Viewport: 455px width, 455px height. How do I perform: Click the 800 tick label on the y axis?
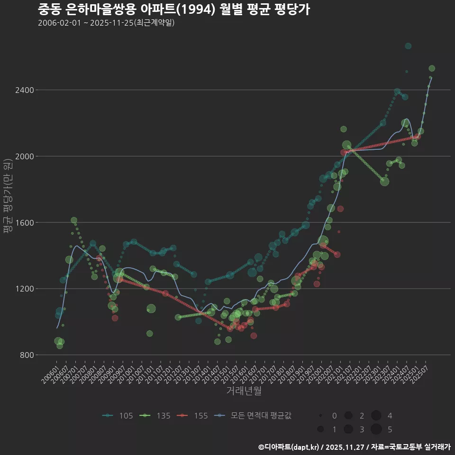click(27, 355)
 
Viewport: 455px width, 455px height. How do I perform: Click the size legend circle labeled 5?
click(376, 429)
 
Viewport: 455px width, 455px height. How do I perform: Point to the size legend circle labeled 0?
click(321, 416)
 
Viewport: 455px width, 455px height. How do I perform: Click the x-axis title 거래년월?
click(244, 391)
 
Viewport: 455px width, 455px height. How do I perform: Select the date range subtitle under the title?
click(106, 23)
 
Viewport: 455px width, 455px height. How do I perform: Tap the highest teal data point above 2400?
click(408, 46)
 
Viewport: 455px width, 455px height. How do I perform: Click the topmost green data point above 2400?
click(432, 68)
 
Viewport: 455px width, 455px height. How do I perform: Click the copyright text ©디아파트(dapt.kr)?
click(289, 446)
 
